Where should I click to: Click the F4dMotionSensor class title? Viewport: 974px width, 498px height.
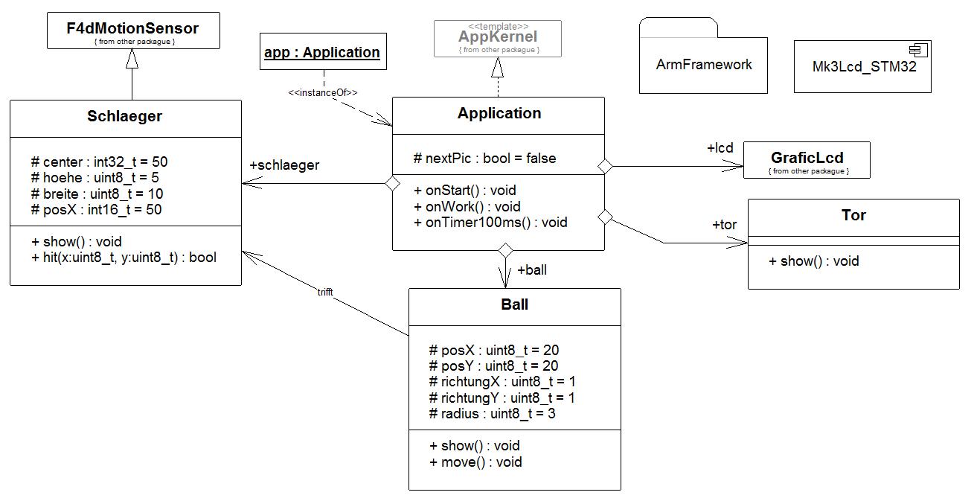coord(132,28)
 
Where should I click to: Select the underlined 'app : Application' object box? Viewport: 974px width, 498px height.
coord(323,51)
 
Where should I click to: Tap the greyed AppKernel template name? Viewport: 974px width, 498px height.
coord(498,36)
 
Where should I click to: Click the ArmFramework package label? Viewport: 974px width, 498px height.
coord(704,64)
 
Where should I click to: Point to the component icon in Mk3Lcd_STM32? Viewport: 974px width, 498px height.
coord(918,50)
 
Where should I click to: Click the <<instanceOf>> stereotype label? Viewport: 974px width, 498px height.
coord(323,92)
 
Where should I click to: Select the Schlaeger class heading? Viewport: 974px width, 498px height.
coord(125,116)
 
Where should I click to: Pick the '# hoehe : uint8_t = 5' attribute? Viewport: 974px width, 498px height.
coord(94,177)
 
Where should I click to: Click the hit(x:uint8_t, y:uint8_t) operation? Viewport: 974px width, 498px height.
coord(124,258)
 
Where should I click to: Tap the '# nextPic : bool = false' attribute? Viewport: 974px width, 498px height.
coord(484,159)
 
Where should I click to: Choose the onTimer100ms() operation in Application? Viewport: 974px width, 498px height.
coord(490,223)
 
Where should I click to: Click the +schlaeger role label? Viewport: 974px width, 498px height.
coord(284,165)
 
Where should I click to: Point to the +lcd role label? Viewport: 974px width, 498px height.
coord(720,148)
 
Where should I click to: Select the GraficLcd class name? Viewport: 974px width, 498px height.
coord(807,158)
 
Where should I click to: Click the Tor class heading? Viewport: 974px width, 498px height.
coord(853,215)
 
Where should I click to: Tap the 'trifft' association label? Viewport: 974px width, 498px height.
coord(325,292)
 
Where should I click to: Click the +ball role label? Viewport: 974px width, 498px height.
coord(532,270)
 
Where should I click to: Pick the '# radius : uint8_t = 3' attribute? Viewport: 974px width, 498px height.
coord(492,414)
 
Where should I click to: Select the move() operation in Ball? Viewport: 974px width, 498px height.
coord(475,462)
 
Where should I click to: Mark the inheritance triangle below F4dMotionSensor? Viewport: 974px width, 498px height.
coord(132,58)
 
